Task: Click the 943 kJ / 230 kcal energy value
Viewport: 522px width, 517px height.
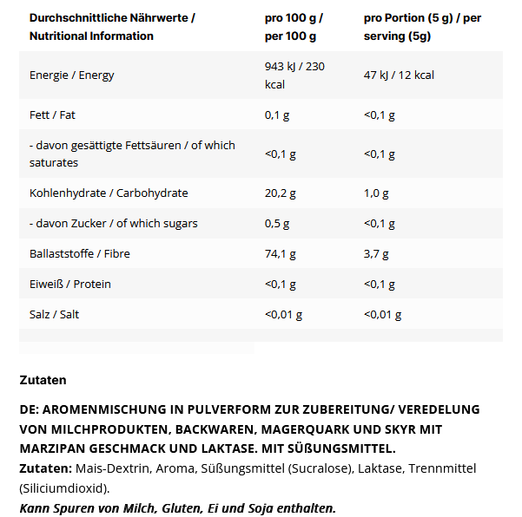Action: click(x=294, y=75)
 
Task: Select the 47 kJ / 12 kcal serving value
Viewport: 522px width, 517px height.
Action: click(x=399, y=75)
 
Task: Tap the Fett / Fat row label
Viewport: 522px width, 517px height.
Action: click(x=53, y=115)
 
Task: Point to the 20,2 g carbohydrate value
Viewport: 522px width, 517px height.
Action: click(x=281, y=193)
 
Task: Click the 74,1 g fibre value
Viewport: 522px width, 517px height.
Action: click(x=281, y=253)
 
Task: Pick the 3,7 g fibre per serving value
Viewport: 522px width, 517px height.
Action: click(x=376, y=253)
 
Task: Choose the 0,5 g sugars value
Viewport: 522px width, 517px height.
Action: click(x=277, y=223)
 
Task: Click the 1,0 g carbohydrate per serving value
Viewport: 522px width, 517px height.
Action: click(x=376, y=193)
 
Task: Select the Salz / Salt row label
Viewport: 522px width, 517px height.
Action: click(x=54, y=314)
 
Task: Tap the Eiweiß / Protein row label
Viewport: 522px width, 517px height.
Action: click(x=70, y=284)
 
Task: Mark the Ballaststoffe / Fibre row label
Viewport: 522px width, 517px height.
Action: click(x=80, y=253)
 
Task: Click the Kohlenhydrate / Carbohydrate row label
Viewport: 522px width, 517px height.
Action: click(x=109, y=193)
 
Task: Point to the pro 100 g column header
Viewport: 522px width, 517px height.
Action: click(x=294, y=27)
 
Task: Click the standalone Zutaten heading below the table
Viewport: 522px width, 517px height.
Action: click(x=43, y=379)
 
